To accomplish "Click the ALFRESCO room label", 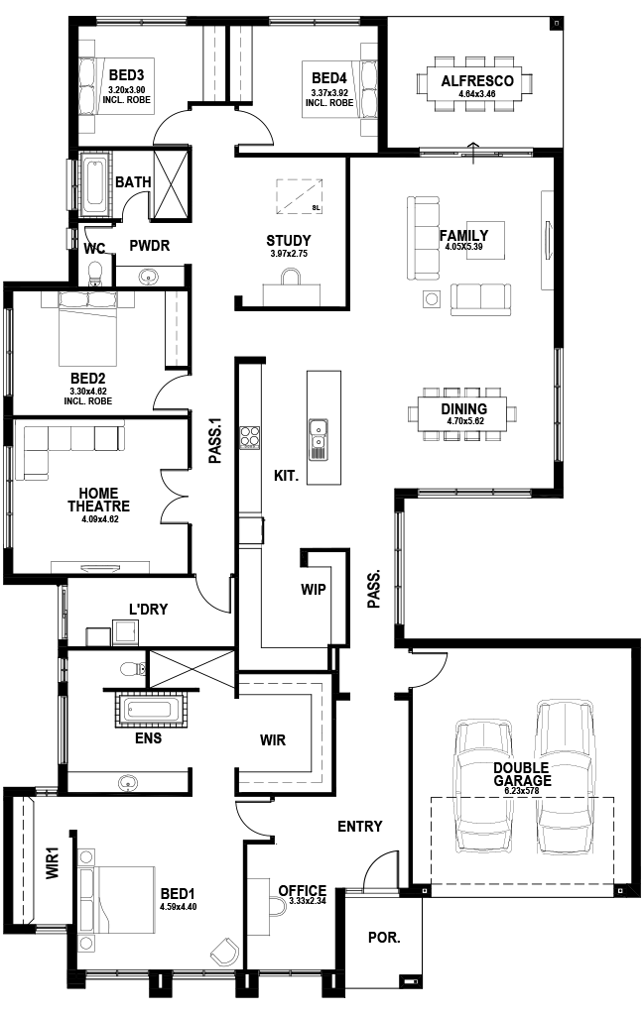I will tap(476, 81).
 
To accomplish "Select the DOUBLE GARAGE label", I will tap(522, 773).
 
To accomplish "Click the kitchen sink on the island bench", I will tap(318, 439).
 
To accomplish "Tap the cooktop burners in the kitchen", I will tap(249, 437).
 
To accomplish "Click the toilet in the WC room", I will tap(96, 270).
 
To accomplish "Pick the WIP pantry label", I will tap(313, 589).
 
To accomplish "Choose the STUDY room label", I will tap(289, 240).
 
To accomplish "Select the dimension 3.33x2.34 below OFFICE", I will tap(302, 902).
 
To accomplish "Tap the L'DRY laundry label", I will tap(147, 609).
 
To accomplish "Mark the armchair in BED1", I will tap(224, 953).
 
